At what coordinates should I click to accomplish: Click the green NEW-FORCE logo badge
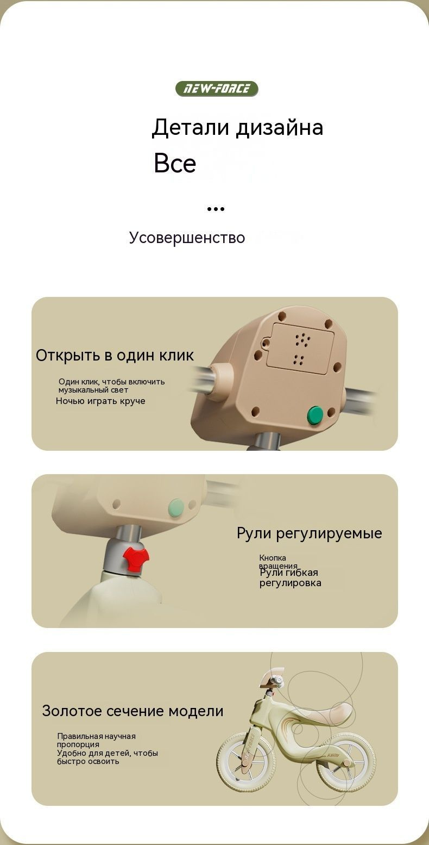[217, 89]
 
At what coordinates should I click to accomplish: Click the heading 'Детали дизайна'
[237, 127]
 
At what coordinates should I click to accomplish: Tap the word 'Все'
[175, 163]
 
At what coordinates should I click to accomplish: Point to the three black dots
[216, 209]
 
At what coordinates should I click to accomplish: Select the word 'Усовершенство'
[187, 238]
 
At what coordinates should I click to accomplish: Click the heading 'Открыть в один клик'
[115, 356]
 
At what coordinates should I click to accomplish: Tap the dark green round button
[316, 415]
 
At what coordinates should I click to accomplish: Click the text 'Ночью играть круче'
[100, 401]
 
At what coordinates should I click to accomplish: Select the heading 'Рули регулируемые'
[309, 533]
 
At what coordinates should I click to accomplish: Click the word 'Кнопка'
[272, 557]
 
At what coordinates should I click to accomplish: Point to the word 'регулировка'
[291, 583]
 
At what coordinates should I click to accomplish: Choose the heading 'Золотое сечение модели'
[133, 711]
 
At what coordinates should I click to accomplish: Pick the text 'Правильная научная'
[97, 736]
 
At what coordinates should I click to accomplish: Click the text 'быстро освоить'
[88, 761]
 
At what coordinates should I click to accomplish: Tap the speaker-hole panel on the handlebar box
[300, 349]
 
